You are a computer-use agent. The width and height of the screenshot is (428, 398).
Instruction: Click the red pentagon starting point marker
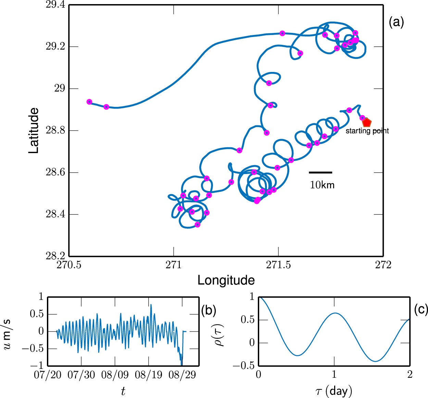point(367,122)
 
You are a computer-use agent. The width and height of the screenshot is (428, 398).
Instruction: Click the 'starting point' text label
point(367,131)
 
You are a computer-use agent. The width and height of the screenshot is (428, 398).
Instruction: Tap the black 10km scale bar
point(320,172)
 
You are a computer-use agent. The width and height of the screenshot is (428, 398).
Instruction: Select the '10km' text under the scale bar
point(322,185)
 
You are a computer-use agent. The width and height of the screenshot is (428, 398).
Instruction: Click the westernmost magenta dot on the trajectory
point(89,102)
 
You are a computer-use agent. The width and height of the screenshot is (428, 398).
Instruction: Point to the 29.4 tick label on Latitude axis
point(55,5)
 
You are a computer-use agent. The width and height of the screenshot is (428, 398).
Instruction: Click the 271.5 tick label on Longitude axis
point(278,265)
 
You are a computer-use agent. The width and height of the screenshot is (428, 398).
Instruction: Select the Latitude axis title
point(34,130)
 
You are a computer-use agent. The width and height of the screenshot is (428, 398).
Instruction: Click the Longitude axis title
point(226,280)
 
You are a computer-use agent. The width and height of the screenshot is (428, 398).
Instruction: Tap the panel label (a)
point(396,22)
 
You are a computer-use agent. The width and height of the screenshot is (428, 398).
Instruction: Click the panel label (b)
point(209,310)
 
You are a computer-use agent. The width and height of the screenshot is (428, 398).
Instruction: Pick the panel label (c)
point(421,309)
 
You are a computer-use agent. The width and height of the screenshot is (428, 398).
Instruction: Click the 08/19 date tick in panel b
point(148,375)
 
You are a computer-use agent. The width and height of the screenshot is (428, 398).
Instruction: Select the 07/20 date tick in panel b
point(48,375)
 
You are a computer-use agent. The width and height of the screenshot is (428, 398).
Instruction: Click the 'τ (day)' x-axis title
point(333,391)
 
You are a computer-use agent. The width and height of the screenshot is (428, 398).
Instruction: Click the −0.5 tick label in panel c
point(244,366)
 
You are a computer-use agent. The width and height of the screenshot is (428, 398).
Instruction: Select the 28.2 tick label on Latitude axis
point(55,256)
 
